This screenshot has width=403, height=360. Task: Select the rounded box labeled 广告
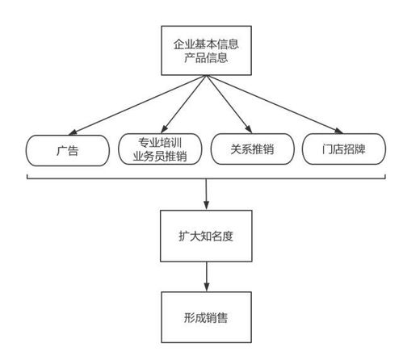click(68, 149)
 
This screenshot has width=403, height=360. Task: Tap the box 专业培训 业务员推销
click(159, 149)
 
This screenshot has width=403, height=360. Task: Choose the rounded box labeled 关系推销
click(250, 149)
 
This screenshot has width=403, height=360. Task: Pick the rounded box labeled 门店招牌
click(342, 149)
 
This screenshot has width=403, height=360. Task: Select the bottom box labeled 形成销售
click(208, 317)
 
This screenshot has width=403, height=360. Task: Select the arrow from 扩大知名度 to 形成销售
click(208, 278)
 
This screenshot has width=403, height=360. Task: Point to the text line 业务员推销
click(159, 157)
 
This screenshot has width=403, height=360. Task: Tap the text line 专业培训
click(159, 142)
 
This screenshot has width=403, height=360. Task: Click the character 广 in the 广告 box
click(62, 149)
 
